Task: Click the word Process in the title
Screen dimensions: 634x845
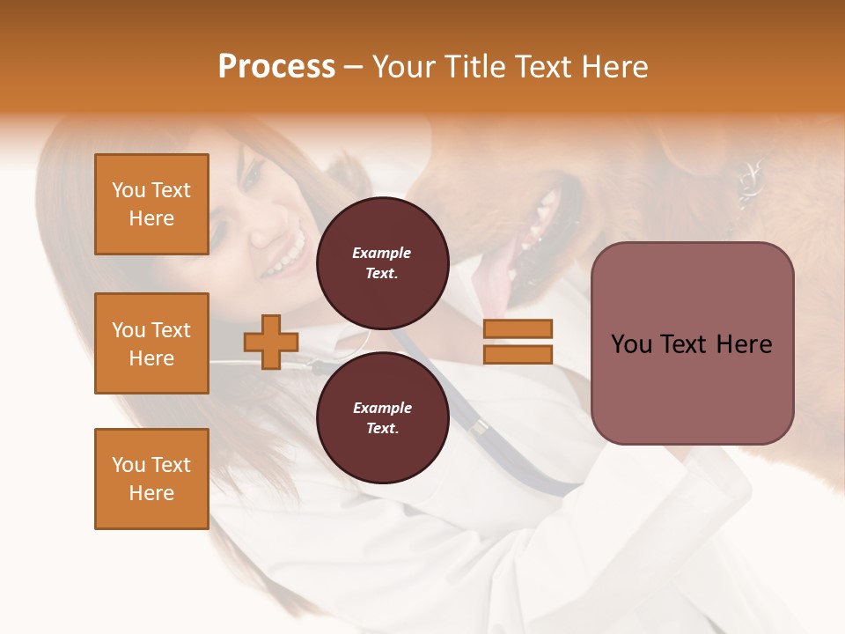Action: coord(276,67)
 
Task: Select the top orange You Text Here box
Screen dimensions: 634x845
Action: coord(151,204)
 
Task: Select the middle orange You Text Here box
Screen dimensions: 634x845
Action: coord(151,343)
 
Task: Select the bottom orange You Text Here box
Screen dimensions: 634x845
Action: coord(151,479)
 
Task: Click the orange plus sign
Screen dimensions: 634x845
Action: coord(271,342)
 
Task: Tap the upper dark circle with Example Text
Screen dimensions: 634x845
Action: coord(382,262)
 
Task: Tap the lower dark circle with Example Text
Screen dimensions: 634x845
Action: coord(382,417)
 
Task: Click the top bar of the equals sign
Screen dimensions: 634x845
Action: coord(518,328)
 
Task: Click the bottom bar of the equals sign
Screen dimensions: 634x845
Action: coord(518,354)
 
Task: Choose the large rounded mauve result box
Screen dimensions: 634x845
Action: coord(692,343)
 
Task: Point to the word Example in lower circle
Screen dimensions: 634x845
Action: coord(382,408)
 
